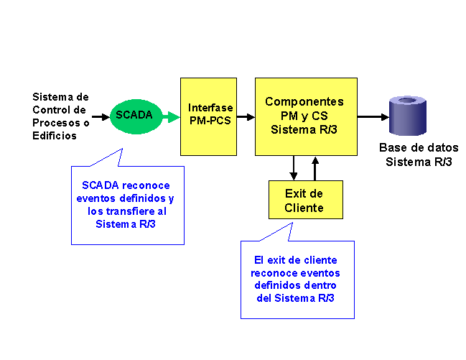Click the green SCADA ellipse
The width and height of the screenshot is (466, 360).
click(x=136, y=116)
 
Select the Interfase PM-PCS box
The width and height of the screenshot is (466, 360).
click(x=208, y=116)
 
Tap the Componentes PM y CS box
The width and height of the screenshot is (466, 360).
click(x=306, y=116)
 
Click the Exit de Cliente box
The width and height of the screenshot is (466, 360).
click(x=306, y=200)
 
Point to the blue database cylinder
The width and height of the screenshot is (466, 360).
click(x=408, y=116)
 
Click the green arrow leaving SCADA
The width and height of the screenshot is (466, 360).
click(x=172, y=117)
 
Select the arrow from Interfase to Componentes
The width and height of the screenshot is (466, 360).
click(x=246, y=117)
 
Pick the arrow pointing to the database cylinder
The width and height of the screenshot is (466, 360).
click(x=373, y=117)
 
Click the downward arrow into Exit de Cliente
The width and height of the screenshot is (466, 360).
click(x=294, y=168)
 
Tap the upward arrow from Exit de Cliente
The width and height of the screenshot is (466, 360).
click(x=315, y=168)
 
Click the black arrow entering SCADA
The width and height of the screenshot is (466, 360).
click(x=101, y=116)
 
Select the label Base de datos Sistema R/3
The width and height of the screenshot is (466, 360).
click(x=419, y=154)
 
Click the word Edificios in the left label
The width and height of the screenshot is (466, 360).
click(x=55, y=136)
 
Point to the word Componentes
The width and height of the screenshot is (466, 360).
click(x=304, y=101)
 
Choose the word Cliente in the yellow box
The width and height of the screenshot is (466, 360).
click(x=304, y=208)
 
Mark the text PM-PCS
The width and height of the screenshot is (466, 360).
click(x=210, y=121)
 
